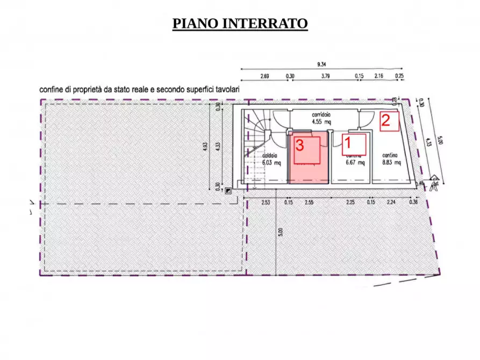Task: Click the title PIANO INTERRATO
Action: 240,24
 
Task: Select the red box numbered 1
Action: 354,143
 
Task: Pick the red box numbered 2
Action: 389,121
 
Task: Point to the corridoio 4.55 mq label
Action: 321,118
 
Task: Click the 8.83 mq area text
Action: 391,162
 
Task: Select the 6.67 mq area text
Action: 355,162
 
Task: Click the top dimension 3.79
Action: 325,76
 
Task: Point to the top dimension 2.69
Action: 264,76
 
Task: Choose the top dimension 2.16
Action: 378,76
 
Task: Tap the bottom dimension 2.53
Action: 265,203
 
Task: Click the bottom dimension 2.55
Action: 309,203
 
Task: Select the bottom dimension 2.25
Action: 350,203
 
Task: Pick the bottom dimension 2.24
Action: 391,203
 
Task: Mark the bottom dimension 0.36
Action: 413,203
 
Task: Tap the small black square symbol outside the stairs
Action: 229,190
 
